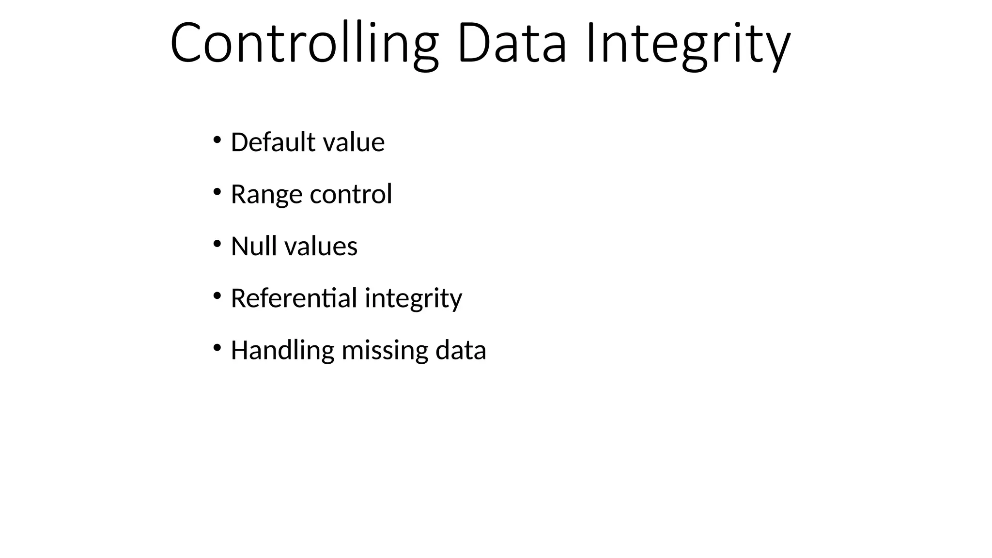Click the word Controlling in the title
pyautogui.click(x=304, y=44)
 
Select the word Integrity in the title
pyautogui.click(x=688, y=44)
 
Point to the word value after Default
pyautogui.click(x=354, y=142)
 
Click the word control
pyautogui.click(x=351, y=194)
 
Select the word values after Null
pyautogui.click(x=321, y=246)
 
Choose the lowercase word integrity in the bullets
pyautogui.click(x=413, y=298)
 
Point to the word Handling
pyautogui.click(x=282, y=350)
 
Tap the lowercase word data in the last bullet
pyautogui.click(x=461, y=350)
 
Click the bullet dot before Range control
pyautogui.click(x=217, y=192)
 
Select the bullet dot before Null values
pyautogui.click(x=217, y=244)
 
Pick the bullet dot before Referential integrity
pyautogui.click(x=217, y=296)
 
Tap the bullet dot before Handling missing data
pyautogui.click(x=217, y=348)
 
